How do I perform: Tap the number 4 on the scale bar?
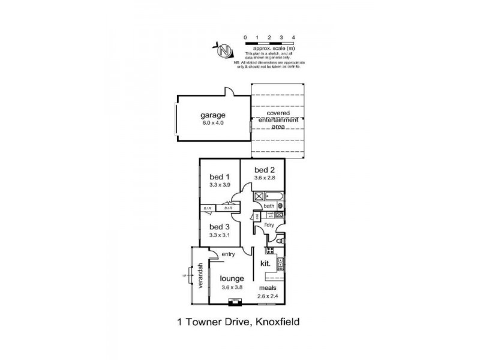[293, 37]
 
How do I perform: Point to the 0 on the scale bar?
[245, 37]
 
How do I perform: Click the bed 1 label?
[219, 176]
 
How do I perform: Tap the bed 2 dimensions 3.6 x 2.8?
[265, 178]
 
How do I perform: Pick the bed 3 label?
[219, 227]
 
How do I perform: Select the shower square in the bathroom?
[259, 196]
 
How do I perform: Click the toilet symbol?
[278, 241]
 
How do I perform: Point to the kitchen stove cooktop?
[281, 263]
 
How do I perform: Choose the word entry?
[227, 254]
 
